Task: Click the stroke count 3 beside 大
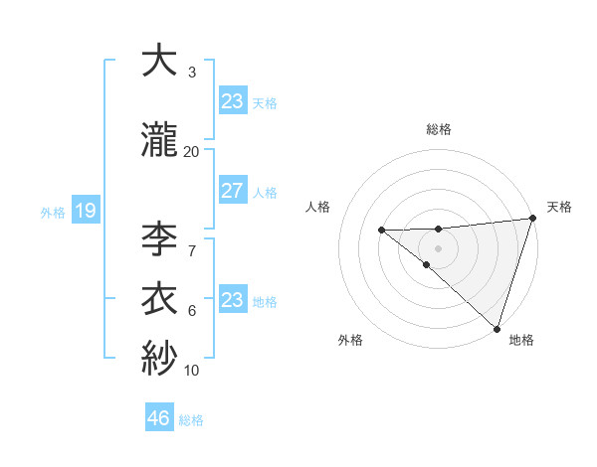click(191, 73)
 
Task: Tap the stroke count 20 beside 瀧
click(191, 151)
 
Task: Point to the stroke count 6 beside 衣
click(191, 311)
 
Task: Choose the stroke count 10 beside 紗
click(191, 372)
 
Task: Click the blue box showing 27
click(232, 191)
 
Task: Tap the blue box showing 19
click(85, 211)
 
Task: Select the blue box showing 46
click(159, 418)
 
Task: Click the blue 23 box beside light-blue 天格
click(232, 101)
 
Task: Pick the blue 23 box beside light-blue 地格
click(232, 300)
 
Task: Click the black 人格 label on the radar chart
click(319, 207)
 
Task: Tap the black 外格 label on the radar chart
click(349, 341)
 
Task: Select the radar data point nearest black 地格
click(496, 327)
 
